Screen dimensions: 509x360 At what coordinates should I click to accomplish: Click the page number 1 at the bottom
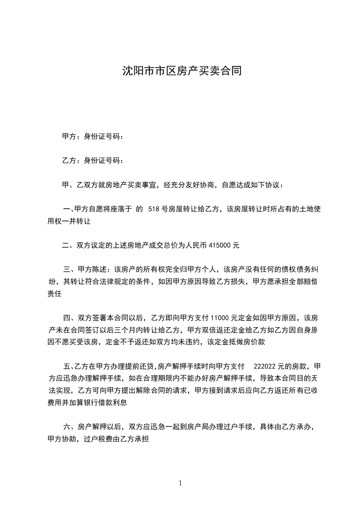(x=180, y=483)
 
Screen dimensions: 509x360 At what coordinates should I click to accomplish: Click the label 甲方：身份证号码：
(x=93, y=136)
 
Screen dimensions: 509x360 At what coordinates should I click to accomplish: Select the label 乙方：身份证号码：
(x=93, y=161)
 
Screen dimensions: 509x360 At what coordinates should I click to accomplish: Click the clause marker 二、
(x=69, y=246)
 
